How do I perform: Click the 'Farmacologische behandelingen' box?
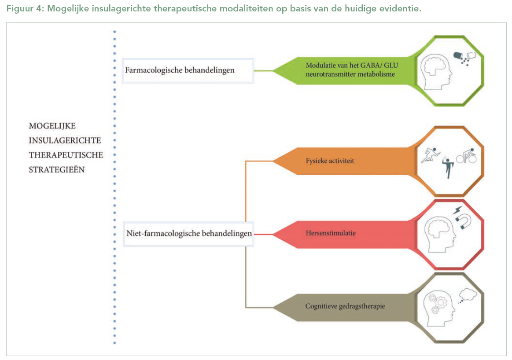188,70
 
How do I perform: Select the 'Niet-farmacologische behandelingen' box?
189,233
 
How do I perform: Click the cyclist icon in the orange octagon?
466,157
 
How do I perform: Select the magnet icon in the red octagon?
462,220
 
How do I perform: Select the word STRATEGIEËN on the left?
57,169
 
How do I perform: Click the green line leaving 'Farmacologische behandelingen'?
264,70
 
